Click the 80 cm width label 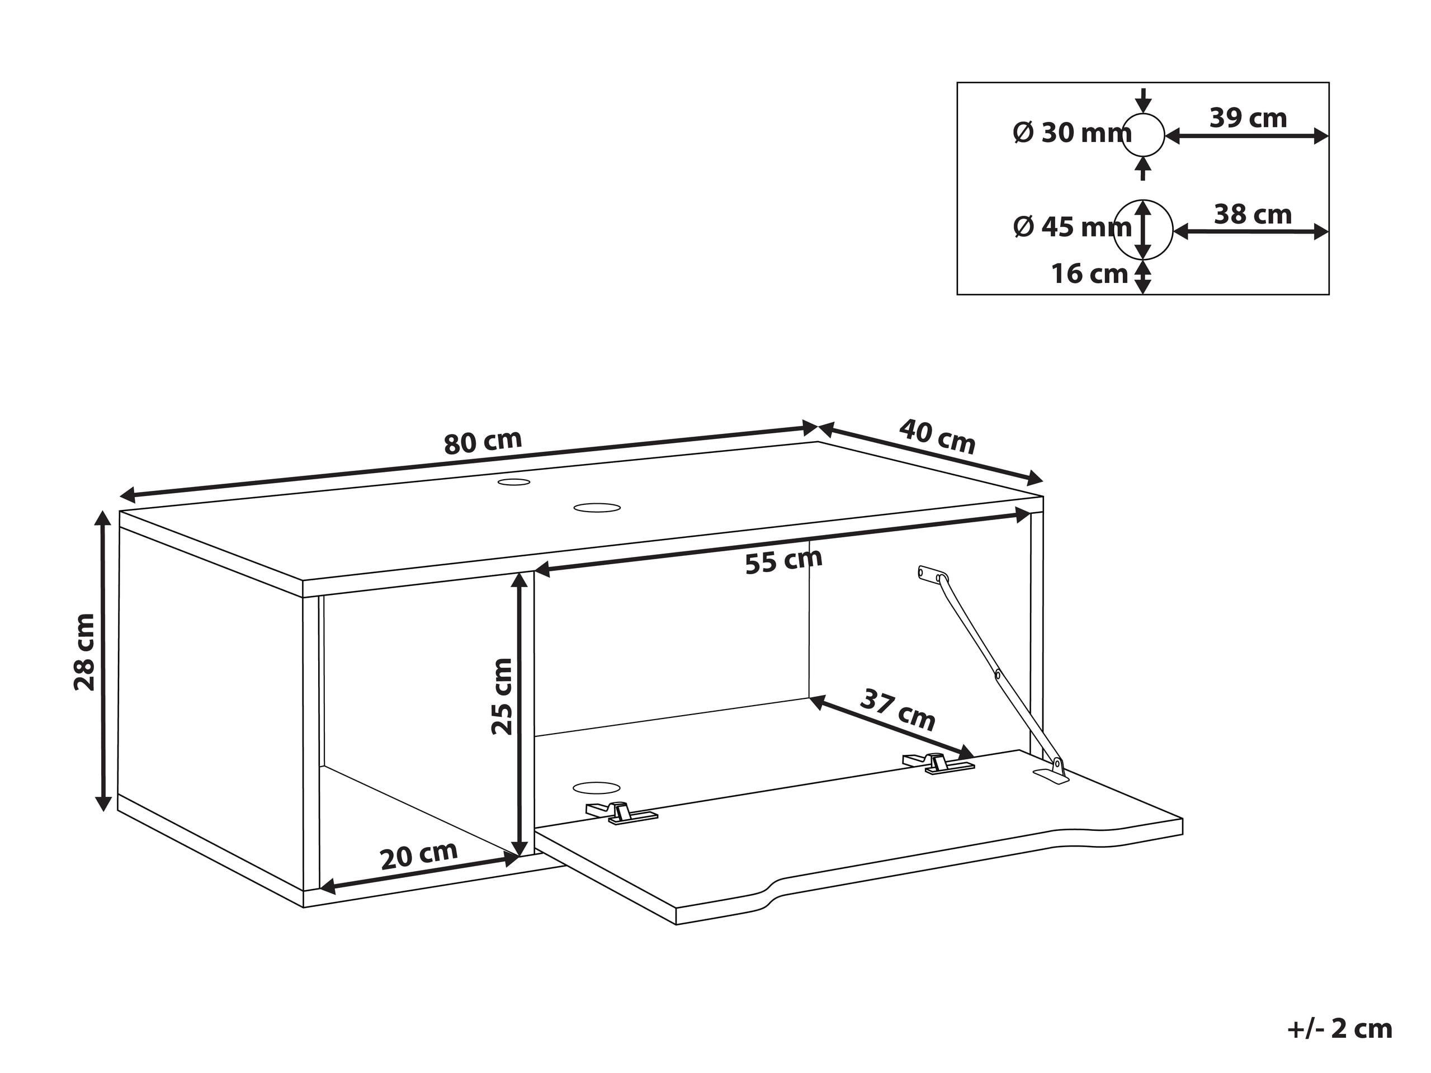click(x=483, y=442)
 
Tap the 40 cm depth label click(x=937, y=437)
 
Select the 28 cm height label click(x=85, y=653)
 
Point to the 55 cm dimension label click(x=783, y=561)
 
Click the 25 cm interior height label click(x=502, y=696)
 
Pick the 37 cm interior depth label click(x=898, y=710)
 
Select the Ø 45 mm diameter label click(x=1072, y=227)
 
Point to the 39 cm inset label click(x=1248, y=118)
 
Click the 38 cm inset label click(x=1253, y=214)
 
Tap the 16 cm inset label click(x=1089, y=273)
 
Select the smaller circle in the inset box click(x=1143, y=136)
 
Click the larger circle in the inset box click(x=1143, y=230)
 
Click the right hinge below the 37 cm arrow click(x=939, y=763)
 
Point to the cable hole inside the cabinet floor click(x=597, y=788)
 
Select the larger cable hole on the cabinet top click(x=597, y=508)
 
